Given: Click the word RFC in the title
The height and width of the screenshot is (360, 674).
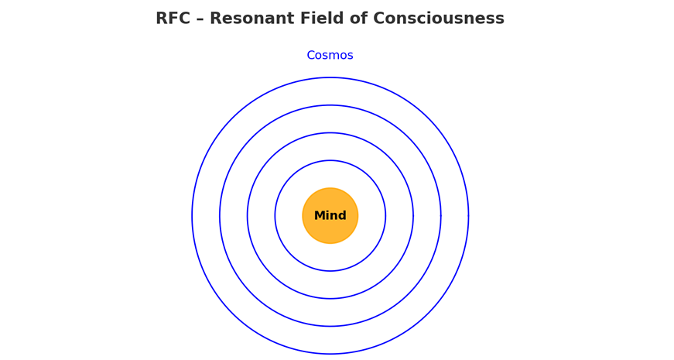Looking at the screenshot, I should coord(177,19).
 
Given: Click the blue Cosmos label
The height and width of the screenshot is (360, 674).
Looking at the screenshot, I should coord(330,56).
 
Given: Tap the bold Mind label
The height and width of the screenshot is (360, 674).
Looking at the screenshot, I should coord(330,216).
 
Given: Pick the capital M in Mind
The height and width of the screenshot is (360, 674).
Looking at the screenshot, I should coord(320,216).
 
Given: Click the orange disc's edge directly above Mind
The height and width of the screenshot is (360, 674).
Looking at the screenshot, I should coord(330,188).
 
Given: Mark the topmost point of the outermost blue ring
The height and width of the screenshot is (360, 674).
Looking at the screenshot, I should coord(330,77).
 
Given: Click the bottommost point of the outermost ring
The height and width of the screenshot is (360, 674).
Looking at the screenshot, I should coord(330,354).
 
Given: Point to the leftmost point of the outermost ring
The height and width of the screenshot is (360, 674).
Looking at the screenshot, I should coord(192,216).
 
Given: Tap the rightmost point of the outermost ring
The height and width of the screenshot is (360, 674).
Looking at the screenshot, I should coord(468,216).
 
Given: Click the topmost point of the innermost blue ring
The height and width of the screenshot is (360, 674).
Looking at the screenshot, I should coord(330,160).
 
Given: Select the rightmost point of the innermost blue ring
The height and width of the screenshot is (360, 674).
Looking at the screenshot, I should coord(385,216).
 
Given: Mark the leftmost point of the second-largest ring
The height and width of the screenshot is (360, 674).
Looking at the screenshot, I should coord(220,216).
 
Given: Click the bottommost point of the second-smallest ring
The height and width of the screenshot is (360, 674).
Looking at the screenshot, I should coord(330,299).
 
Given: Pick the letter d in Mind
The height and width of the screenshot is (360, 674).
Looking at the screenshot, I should coord(342,216).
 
